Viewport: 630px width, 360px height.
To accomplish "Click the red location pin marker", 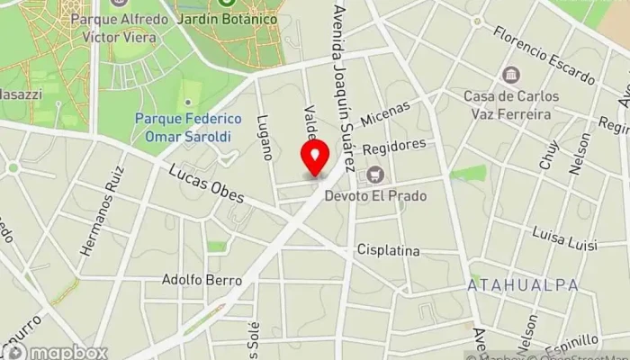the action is pyautogui.click(x=315, y=158).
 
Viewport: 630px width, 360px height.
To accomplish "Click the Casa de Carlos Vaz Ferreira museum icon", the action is pyautogui.click(x=511, y=74).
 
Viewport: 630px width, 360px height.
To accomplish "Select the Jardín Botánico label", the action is pyautogui.click(x=240, y=18).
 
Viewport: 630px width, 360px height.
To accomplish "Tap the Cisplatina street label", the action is pyautogui.click(x=388, y=250).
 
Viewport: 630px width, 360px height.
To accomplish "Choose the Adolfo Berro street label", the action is pyautogui.click(x=202, y=280).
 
